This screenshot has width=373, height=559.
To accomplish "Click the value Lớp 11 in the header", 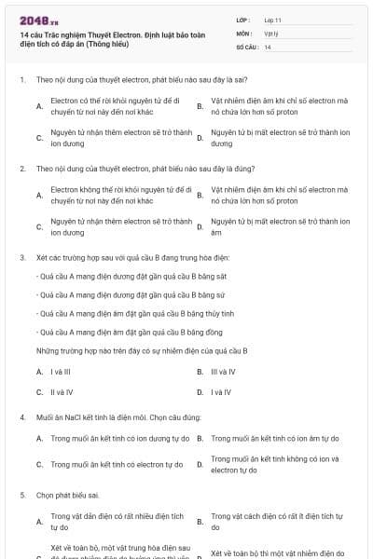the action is (273, 20).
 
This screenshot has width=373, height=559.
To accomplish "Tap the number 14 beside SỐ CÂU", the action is (268, 47).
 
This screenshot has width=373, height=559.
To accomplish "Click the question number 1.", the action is (21, 80).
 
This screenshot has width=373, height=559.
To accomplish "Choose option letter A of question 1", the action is (39, 107).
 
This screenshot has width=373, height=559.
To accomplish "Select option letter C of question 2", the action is (39, 227).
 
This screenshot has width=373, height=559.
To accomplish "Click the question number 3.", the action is (21, 257).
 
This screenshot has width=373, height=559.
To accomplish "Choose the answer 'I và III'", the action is (61, 372).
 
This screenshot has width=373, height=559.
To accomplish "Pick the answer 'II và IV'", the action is (62, 392).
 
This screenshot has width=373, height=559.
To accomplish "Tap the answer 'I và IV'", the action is (221, 392).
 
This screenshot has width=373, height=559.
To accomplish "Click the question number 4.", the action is (21, 416).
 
